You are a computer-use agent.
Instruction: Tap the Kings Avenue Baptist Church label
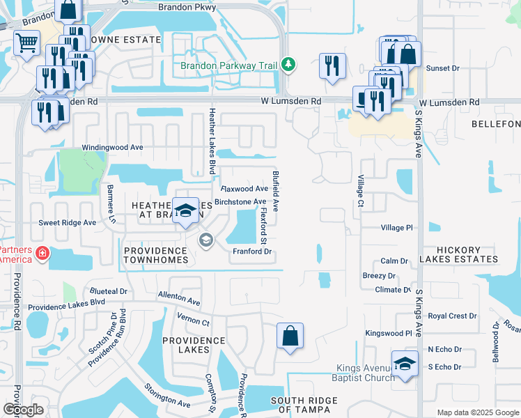[366, 373]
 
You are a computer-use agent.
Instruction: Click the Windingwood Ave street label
[112, 148]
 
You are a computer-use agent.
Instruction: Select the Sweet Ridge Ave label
[67, 223]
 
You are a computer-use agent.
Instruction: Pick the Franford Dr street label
[251, 251]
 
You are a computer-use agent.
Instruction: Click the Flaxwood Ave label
[244, 189]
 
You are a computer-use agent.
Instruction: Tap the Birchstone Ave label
[240, 202]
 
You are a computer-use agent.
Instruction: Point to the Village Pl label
[397, 228]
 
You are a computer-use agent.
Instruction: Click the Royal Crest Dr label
[452, 316]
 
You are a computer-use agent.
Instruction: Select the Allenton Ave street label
[179, 298]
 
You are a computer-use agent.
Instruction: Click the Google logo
[24, 410]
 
